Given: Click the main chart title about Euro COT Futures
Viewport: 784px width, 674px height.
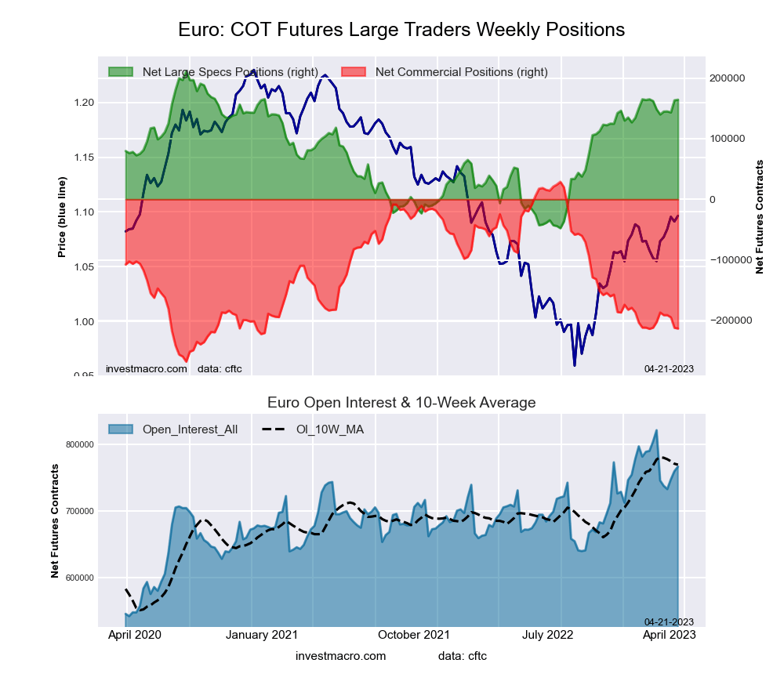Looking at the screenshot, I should [x=401, y=30].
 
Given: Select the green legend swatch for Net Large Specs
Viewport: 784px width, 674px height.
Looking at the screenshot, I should [x=122, y=72].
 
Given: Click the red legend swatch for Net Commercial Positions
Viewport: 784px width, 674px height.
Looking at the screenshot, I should [x=355, y=72].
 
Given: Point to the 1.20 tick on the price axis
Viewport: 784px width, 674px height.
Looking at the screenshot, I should [x=84, y=103].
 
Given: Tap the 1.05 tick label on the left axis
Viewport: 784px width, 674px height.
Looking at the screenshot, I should [x=84, y=267].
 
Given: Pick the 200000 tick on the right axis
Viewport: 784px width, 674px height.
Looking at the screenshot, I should [x=726, y=78].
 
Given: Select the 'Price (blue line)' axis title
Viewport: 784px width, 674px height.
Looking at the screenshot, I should [x=62, y=217].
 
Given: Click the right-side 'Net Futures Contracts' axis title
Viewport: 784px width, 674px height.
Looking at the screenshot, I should [x=759, y=217].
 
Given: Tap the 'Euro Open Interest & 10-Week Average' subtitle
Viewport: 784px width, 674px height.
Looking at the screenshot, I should [x=401, y=403].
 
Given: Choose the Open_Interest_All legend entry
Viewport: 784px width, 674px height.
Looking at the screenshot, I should [x=188, y=429].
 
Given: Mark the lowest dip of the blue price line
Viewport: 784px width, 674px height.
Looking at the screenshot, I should [x=575, y=365].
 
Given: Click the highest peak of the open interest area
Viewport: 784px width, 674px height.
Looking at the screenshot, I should [x=656, y=430].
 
